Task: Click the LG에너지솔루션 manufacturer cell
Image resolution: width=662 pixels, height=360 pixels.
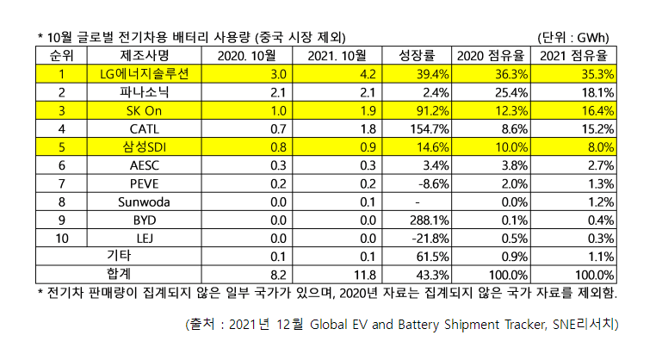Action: click(145, 74)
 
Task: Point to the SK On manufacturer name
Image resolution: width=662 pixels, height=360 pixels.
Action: click(145, 110)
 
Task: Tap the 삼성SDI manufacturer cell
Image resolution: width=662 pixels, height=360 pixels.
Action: click(145, 146)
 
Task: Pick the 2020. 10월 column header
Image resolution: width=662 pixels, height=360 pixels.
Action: click(247, 56)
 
